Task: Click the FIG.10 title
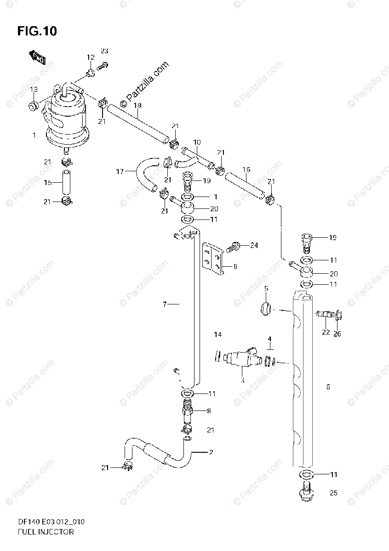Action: (37, 32)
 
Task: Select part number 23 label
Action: (104, 51)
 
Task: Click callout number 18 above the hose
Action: (137, 105)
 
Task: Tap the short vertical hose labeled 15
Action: (66, 182)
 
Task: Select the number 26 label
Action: (337, 333)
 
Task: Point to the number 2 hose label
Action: (210, 452)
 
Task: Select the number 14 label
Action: (217, 335)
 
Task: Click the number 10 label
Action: (197, 143)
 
